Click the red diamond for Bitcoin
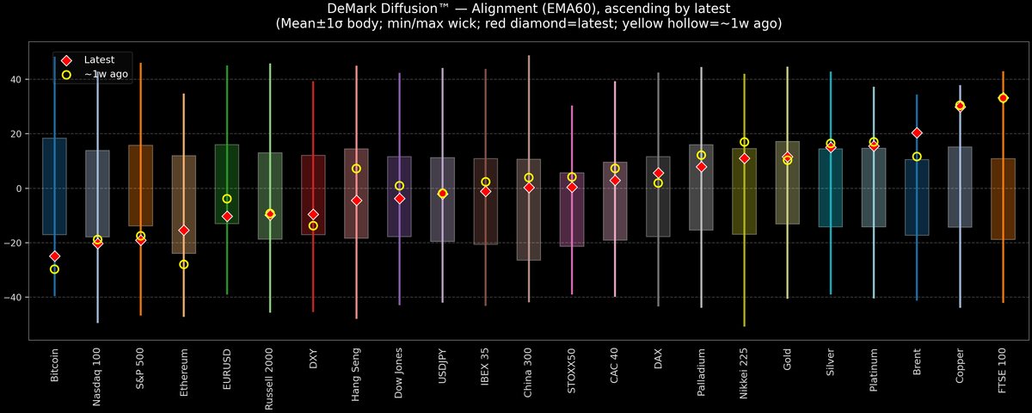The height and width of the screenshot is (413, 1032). (x=54, y=256)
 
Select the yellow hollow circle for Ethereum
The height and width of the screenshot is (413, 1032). (x=184, y=264)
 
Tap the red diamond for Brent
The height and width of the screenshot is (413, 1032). (x=917, y=133)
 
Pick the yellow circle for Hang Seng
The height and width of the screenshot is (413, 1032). (x=356, y=169)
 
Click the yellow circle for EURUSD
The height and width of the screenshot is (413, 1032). (x=227, y=199)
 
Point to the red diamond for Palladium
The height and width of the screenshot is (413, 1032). (x=702, y=167)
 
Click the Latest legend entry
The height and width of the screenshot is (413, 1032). (x=97, y=60)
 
